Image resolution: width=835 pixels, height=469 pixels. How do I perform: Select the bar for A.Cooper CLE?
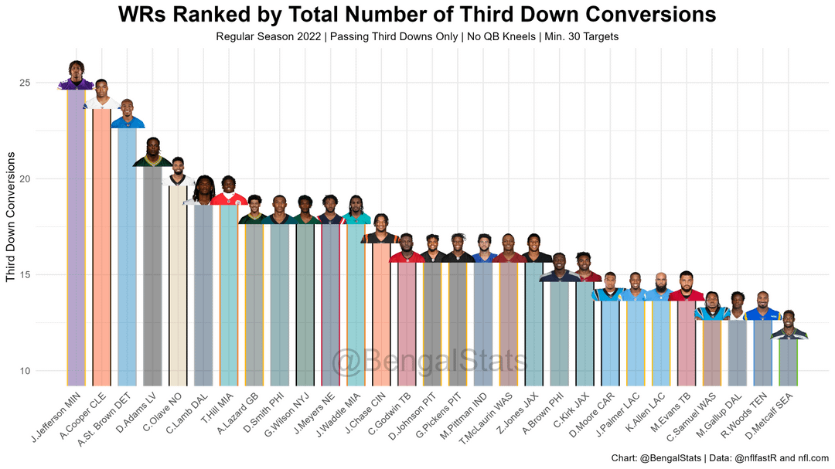tap(101, 247)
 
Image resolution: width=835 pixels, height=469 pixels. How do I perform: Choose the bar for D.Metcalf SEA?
tap(788, 362)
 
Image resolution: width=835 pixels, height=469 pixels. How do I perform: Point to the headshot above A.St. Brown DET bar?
tap(127, 114)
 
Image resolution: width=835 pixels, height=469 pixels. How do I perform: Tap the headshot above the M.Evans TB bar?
tap(686, 287)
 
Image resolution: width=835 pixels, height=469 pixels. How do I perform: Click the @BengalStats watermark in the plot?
tap(429, 362)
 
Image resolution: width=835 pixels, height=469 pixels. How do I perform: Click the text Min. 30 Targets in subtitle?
tap(580, 36)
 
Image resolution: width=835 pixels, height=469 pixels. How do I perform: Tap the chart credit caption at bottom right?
tap(719, 457)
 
